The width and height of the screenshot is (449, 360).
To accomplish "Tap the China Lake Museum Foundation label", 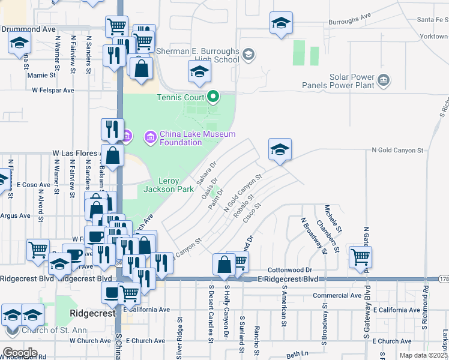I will (189, 138).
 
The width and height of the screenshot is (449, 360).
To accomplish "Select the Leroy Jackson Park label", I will (168, 185).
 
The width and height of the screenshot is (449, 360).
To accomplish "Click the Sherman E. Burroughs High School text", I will (198, 55).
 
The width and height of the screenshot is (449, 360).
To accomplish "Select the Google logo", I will (19, 353).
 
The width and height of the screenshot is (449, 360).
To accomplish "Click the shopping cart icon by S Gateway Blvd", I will (361, 257).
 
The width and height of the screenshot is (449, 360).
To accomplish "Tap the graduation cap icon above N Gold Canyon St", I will (279, 149).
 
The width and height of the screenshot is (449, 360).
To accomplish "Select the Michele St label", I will (334, 218).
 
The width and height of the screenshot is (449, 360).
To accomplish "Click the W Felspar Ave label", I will (53, 90).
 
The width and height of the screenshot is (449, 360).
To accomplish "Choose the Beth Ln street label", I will (297, 355).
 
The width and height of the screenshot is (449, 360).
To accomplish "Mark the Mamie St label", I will (41, 76).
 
